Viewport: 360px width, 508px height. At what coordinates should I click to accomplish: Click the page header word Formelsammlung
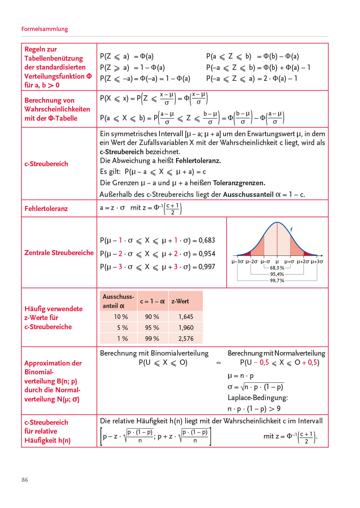44,29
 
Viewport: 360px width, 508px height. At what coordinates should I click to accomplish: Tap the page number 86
25,480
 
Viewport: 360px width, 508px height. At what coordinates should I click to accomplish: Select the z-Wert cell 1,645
186,317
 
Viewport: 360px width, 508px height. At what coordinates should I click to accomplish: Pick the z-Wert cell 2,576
186,339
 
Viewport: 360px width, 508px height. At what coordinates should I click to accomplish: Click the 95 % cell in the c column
152,328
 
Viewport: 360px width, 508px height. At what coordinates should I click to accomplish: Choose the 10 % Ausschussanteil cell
121,317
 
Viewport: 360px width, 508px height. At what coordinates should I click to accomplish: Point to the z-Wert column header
180,301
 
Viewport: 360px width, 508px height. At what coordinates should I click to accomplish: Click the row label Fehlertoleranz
46,208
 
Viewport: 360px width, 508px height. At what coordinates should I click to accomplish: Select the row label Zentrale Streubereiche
59,253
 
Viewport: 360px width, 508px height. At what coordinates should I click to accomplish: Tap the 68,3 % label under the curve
277,268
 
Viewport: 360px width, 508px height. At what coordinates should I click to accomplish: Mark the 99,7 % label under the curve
277,280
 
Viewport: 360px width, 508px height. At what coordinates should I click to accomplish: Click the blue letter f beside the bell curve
291,230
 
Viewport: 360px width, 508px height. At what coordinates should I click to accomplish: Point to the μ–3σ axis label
238,262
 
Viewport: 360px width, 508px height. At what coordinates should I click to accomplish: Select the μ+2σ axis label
303,262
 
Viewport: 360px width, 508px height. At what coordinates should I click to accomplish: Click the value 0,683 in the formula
207,241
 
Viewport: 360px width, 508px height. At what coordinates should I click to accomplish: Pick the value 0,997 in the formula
207,267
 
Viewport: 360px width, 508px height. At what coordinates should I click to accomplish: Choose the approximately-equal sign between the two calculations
219,363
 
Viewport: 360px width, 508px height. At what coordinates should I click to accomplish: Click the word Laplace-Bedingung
258,398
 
